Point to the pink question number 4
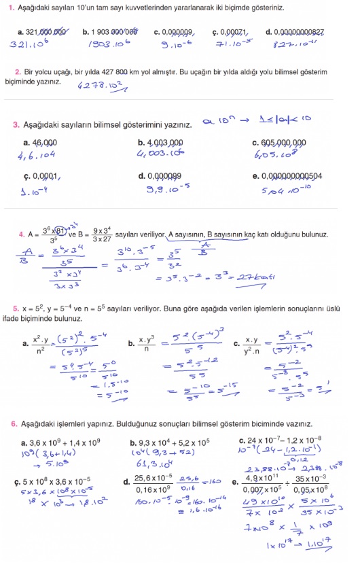point(21,235)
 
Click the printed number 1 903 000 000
point(114,32)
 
